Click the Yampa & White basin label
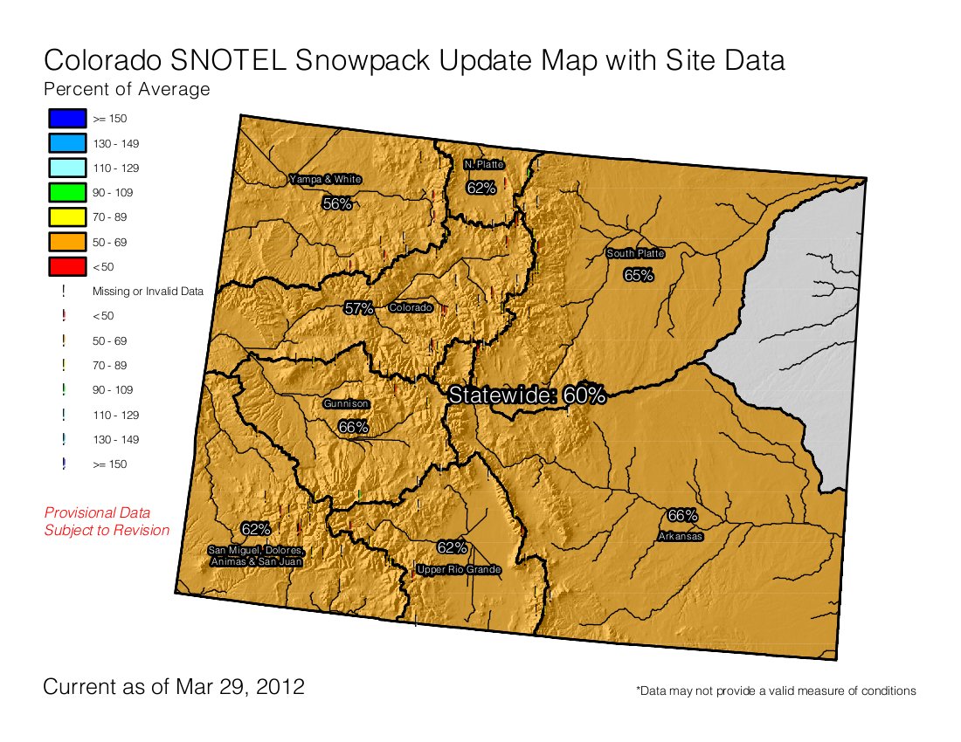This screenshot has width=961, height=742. coord(325,180)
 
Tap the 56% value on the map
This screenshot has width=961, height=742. coord(337,203)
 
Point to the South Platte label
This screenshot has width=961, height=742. coord(636,254)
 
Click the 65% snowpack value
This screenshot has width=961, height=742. coord(639,275)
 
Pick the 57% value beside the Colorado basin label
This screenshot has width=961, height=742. coord(358,308)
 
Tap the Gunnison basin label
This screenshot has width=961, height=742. coord(346,404)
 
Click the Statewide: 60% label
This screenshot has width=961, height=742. coord(527,395)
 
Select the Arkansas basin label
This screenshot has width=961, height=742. coord(681,537)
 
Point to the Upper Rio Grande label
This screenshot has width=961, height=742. coord(459,570)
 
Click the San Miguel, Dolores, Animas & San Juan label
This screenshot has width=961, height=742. coord(255,556)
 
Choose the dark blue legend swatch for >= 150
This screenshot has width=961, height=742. coord(66,118)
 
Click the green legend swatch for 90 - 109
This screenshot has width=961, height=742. coord(66,192)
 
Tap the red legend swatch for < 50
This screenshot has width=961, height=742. coord(66,266)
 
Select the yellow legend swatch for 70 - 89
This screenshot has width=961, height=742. coord(66,216)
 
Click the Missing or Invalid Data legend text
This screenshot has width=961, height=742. coord(148,292)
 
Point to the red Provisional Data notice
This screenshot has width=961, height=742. coord(107,521)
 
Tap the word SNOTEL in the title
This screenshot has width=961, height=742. coord(238,60)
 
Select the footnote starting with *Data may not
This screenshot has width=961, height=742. coord(776,690)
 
